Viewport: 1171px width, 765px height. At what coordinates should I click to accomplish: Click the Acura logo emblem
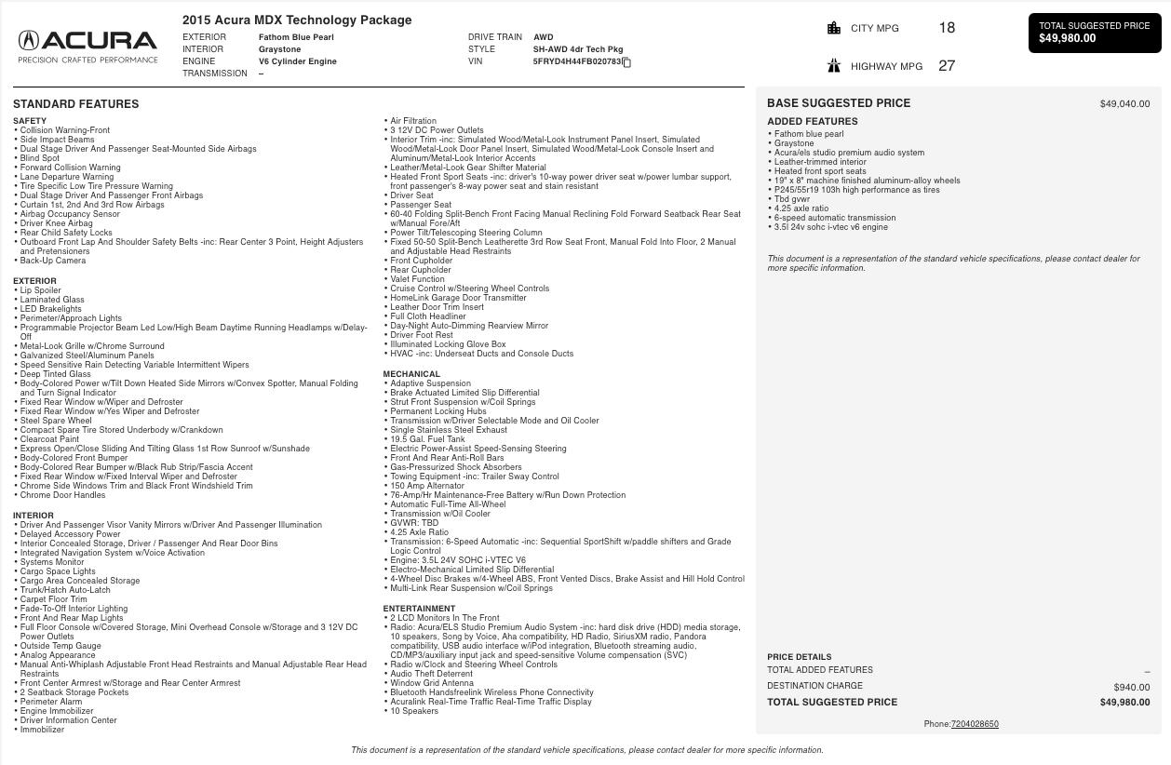point(29,40)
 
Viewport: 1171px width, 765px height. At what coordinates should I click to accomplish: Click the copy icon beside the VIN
point(627,62)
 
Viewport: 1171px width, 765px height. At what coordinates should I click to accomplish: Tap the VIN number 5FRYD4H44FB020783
point(576,61)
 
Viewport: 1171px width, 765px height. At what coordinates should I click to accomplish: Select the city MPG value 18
point(947,28)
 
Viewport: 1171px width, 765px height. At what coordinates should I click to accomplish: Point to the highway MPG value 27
point(947,66)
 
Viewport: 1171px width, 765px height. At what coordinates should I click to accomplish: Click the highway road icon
point(834,65)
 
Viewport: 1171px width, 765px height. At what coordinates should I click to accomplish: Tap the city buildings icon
point(834,28)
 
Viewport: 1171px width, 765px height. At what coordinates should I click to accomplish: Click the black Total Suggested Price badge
point(1095,33)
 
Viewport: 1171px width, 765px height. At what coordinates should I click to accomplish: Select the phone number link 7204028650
point(975,724)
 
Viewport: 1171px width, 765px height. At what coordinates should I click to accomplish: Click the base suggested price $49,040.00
point(1124,104)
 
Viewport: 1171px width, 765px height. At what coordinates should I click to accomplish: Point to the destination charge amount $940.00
point(1131,687)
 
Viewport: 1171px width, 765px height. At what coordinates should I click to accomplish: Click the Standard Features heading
point(75,104)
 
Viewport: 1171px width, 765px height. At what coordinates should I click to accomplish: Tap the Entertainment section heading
point(415,609)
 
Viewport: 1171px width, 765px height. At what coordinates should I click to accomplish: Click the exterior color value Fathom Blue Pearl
point(296,37)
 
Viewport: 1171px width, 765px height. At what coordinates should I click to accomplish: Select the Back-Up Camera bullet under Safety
point(53,261)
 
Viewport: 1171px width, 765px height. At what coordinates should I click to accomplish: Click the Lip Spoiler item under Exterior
point(40,290)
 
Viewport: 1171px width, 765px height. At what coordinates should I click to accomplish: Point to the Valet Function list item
point(417,279)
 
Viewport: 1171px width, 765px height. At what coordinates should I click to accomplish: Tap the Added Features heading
point(812,121)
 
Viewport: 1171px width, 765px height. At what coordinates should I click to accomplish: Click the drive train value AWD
point(543,37)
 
